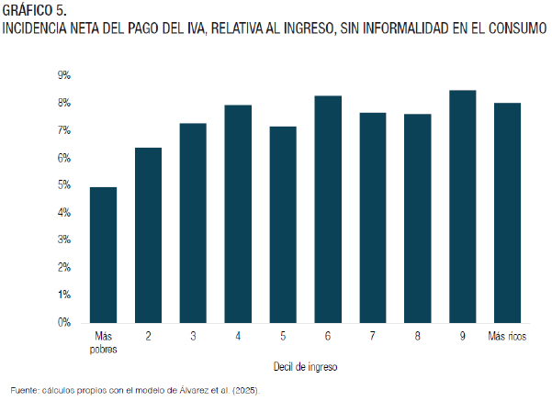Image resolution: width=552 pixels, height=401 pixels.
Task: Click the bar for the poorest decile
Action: click(103, 255)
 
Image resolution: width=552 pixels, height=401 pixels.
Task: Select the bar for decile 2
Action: click(148, 235)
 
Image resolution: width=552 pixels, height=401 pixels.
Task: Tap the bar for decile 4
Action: click(238, 214)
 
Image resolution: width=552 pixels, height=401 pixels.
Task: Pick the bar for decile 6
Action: click(328, 209)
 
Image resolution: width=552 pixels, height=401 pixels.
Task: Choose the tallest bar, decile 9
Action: click(463, 206)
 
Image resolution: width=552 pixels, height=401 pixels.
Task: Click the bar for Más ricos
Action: click(507, 213)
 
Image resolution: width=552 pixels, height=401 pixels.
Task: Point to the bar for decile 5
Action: click(283, 225)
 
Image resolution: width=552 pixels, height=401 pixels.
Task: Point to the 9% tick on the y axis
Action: click(64, 75)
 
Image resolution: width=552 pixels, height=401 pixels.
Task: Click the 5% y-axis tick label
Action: click(64, 185)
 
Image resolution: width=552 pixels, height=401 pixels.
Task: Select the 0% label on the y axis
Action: click(64, 323)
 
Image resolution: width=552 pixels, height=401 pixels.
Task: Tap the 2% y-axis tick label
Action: click(64, 268)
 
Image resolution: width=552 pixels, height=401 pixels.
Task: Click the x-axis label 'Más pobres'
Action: click(103, 342)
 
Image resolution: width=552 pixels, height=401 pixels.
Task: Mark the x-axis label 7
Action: click(373, 336)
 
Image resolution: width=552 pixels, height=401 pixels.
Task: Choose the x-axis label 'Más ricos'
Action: click(507, 336)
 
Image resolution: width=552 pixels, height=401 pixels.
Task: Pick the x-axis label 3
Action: click(193, 336)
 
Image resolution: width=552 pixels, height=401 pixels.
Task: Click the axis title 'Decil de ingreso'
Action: click(305, 367)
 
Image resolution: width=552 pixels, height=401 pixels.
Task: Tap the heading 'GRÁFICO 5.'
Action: click(34, 10)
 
